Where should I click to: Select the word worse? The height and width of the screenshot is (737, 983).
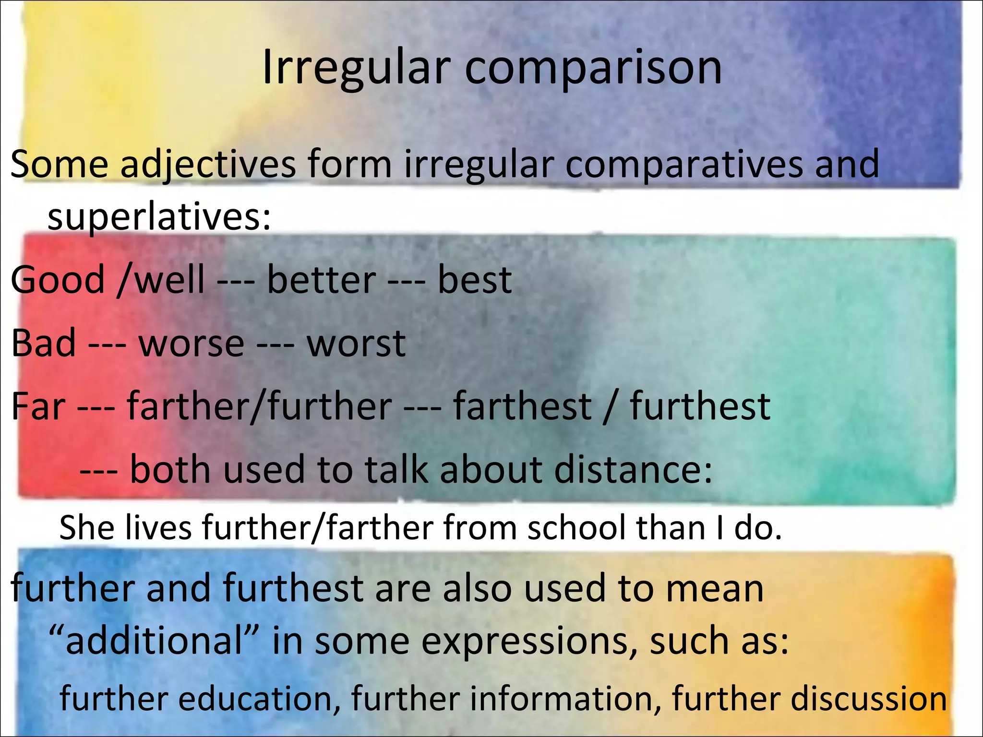[192, 345]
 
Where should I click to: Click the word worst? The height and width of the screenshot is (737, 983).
[356, 345]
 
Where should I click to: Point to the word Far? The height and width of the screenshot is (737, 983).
[38, 406]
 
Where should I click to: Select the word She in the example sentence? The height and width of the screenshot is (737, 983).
[86, 528]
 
